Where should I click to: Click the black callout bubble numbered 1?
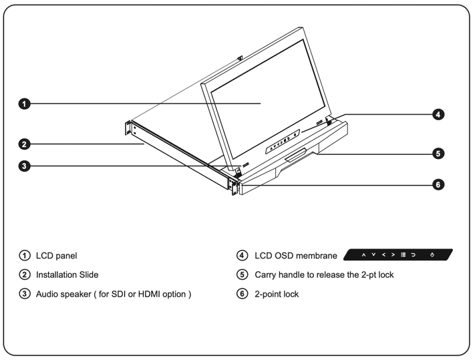pos(23,104)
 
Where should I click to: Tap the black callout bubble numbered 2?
pos(23,143)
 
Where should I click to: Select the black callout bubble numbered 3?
pos(23,166)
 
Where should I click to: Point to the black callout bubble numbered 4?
pos(438,114)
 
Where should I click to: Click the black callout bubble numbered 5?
pos(438,153)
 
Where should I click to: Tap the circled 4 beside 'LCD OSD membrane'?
pos(243,256)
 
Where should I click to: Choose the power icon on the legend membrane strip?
pos(433,255)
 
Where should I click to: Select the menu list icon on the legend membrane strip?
pos(403,255)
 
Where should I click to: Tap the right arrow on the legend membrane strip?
pos(392,255)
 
